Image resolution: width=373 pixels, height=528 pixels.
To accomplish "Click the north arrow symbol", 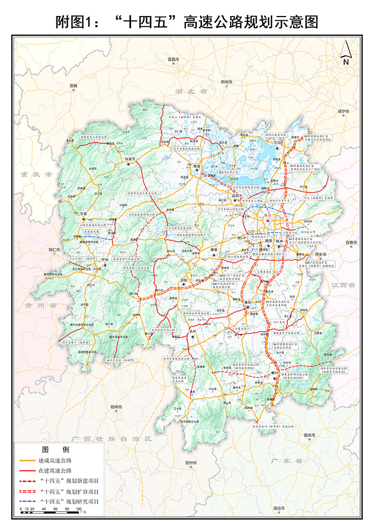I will pyautogui.click(x=345, y=52).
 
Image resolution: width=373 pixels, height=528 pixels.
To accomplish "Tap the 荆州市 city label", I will pyautogui.click(x=227, y=82).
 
